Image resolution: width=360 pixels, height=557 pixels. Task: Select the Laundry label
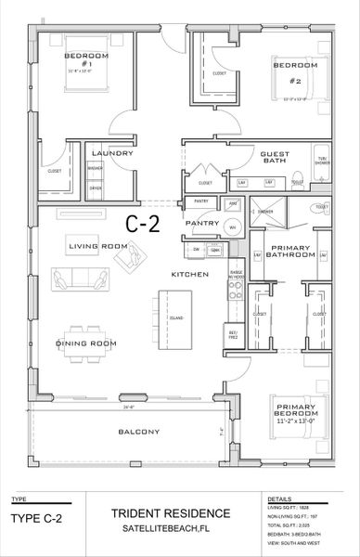(112, 153)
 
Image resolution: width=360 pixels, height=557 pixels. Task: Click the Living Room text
(97, 245)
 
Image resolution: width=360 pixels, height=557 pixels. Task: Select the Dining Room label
(86, 343)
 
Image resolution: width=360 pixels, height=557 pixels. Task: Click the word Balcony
(139, 432)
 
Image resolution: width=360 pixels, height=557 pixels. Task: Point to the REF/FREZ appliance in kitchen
(235, 332)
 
